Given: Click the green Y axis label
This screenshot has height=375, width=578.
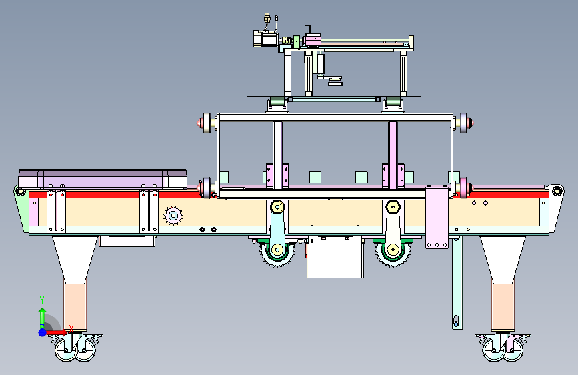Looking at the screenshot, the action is coord(42,300).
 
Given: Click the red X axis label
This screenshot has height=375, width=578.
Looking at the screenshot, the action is coord(71,328).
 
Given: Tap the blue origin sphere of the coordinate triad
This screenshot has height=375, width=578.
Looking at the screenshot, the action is coord(43,332).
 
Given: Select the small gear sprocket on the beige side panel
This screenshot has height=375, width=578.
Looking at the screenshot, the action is coord(173,216).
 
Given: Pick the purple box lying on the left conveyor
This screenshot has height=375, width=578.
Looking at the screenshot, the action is coord(103,179).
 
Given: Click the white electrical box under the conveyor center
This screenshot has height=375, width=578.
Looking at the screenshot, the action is coord(335,257).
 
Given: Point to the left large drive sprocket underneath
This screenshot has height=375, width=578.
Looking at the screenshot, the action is coord(277,251).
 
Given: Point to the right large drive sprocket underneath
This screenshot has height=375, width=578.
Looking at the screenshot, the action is coord(393,251).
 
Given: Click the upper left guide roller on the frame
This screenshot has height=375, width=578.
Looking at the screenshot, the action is coord(206,123).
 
